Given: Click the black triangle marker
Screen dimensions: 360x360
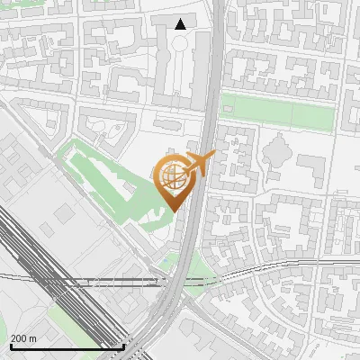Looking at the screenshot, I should pos(181,24).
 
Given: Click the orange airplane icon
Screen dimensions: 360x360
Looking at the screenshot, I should pos(200,163).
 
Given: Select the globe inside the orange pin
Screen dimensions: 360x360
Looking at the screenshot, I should pos(171,175).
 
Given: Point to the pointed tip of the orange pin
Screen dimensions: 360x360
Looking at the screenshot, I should pos(173,211).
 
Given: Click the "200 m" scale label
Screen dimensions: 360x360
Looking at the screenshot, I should pos(23,338).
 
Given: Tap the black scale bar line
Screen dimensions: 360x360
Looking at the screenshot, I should pos(67,346).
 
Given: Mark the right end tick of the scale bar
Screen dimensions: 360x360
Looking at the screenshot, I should pos(123,345).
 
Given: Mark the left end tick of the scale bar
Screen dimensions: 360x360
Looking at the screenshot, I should pos(10,345).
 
